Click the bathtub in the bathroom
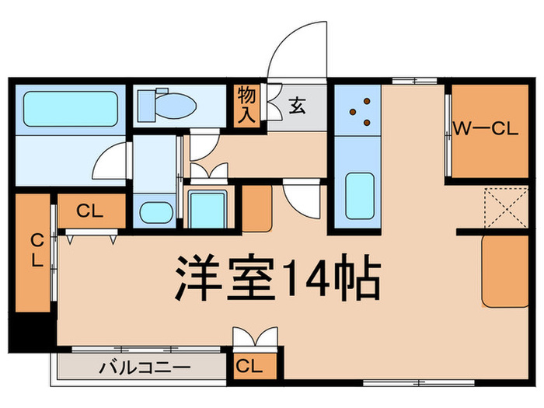pos(70,109)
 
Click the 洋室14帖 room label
pos(277,279)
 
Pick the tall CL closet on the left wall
pos(35,251)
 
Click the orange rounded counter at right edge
pos(505,272)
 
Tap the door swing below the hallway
pos(302,197)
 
